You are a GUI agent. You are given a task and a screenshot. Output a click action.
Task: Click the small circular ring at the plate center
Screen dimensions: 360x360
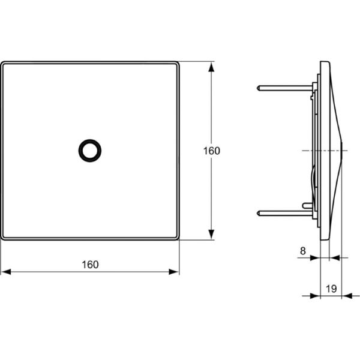tap(90, 150)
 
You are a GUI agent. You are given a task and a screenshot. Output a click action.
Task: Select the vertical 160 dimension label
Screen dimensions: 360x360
tap(211, 151)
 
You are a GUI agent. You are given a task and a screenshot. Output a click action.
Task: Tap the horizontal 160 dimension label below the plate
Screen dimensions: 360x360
tap(90, 264)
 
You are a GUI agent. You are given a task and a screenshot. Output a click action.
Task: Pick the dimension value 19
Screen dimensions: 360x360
tap(331, 289)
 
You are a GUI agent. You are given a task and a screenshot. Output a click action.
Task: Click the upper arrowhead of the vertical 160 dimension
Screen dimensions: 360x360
tap(211, 66)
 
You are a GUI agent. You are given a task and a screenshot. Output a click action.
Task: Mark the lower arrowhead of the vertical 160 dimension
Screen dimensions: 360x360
tap(211, 235)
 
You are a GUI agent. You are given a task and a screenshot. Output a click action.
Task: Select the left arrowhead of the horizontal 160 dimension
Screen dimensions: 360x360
tap(5, 272)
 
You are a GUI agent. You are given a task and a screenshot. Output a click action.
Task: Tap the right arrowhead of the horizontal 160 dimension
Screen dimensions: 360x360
tap(175, 272)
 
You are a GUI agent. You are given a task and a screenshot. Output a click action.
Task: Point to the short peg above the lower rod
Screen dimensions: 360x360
tap(307, 205)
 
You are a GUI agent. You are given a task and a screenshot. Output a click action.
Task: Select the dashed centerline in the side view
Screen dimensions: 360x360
tap(318, 149)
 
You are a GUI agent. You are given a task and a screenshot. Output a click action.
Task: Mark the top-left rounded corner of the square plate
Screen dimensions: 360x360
tap(3, 63)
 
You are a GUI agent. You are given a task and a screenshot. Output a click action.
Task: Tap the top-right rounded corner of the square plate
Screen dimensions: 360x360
tap(177, 63)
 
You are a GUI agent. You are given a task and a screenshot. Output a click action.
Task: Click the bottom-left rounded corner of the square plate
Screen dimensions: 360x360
tap(3, 238)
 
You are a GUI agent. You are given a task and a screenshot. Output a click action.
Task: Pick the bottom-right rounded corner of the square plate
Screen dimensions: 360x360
tap(177, 238)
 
